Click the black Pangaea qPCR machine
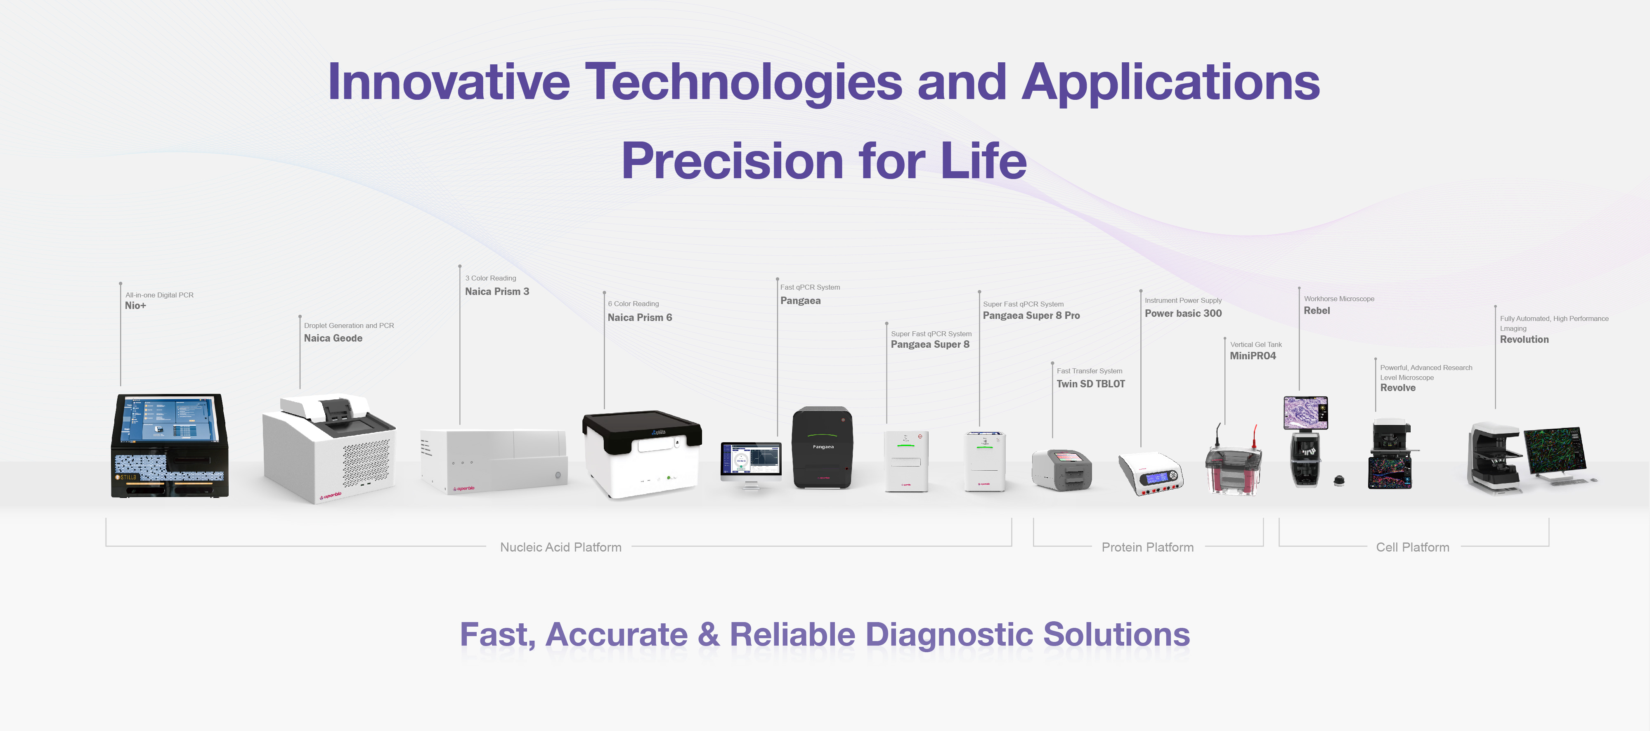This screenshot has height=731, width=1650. (x=823, y=448)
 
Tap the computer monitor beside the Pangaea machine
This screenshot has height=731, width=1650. (x=751, y=460)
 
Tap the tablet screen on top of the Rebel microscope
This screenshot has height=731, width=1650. (x=1305, y=412)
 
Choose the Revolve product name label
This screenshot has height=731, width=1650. (x=1398, y=388)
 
